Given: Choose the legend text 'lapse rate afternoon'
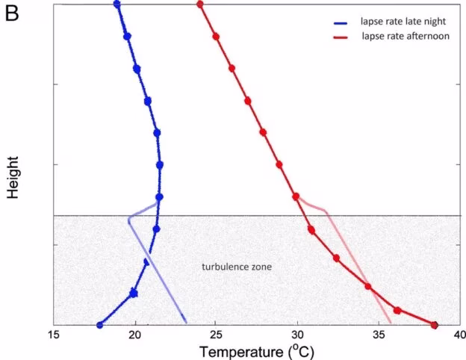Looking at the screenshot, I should click(403, 36).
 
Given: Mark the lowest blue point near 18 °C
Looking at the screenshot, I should click(100, 325).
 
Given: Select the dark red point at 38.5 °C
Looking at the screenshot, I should click(435, 325).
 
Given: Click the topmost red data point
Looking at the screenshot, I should click(200, 4).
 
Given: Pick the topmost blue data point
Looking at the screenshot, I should click(117, 4).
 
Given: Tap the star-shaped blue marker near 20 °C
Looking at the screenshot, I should click(134, 293).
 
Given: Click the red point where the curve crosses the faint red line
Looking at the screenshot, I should click(367, 286).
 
